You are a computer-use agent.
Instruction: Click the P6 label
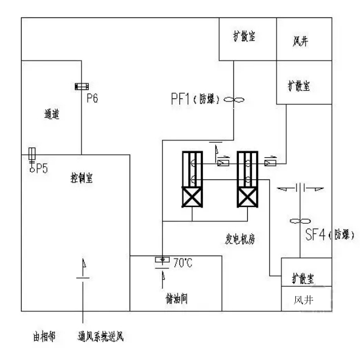coord(92,97)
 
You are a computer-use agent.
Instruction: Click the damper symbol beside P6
coord(80,88)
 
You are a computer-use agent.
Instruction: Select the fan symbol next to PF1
coord(232,101)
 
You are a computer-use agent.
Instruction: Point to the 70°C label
coord(182,262)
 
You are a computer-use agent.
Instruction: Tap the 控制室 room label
coord(81,178)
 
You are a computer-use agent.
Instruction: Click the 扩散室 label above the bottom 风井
coord(304,278)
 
